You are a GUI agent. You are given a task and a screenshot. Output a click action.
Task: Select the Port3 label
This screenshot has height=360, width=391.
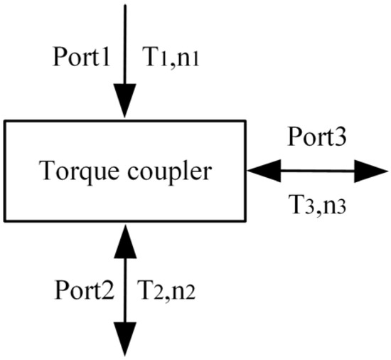pyautogui.click(x=317, y=137)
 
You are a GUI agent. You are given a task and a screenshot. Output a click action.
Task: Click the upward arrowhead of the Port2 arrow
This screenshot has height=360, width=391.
pyautogui.click(x=125, y=238)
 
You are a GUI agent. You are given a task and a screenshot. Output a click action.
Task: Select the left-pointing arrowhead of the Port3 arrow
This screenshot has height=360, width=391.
pyautogui.click(x=262, y=171)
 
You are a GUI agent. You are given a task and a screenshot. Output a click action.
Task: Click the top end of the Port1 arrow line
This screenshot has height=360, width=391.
pyautogui.click(x=125, y=6)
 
